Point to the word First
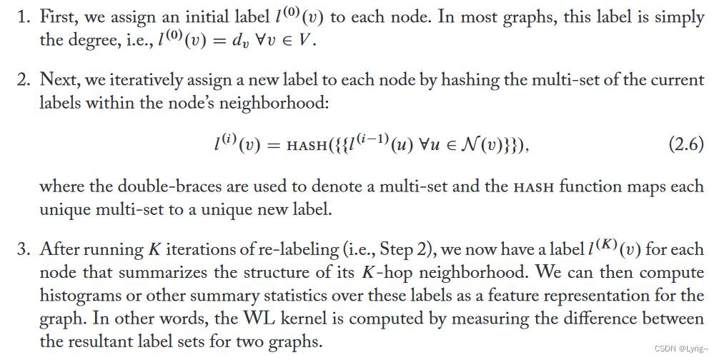coord(59,18)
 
